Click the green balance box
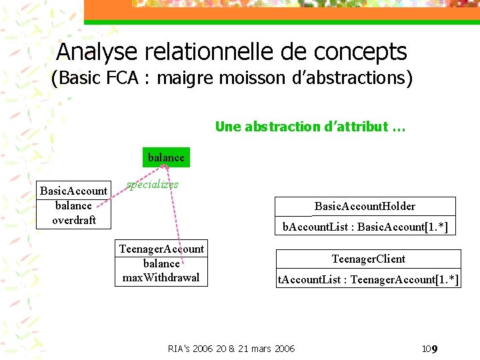[x=165, y=157]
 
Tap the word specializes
[x=153, y=185]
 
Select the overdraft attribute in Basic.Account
[x=74, y=220]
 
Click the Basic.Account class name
[x=73, y=191]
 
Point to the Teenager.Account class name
[x=161, y=249]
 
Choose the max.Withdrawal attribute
[x=161, y=277]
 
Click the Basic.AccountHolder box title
[x=365, y=206]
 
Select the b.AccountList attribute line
[x=365, y=227]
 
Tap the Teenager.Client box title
[x=368, y=259]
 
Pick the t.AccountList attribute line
[x=368, y=279]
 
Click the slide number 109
[x=429, y=349]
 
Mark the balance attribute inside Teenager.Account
[x=161, y=263]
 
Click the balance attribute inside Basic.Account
[x=73, y=205]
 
